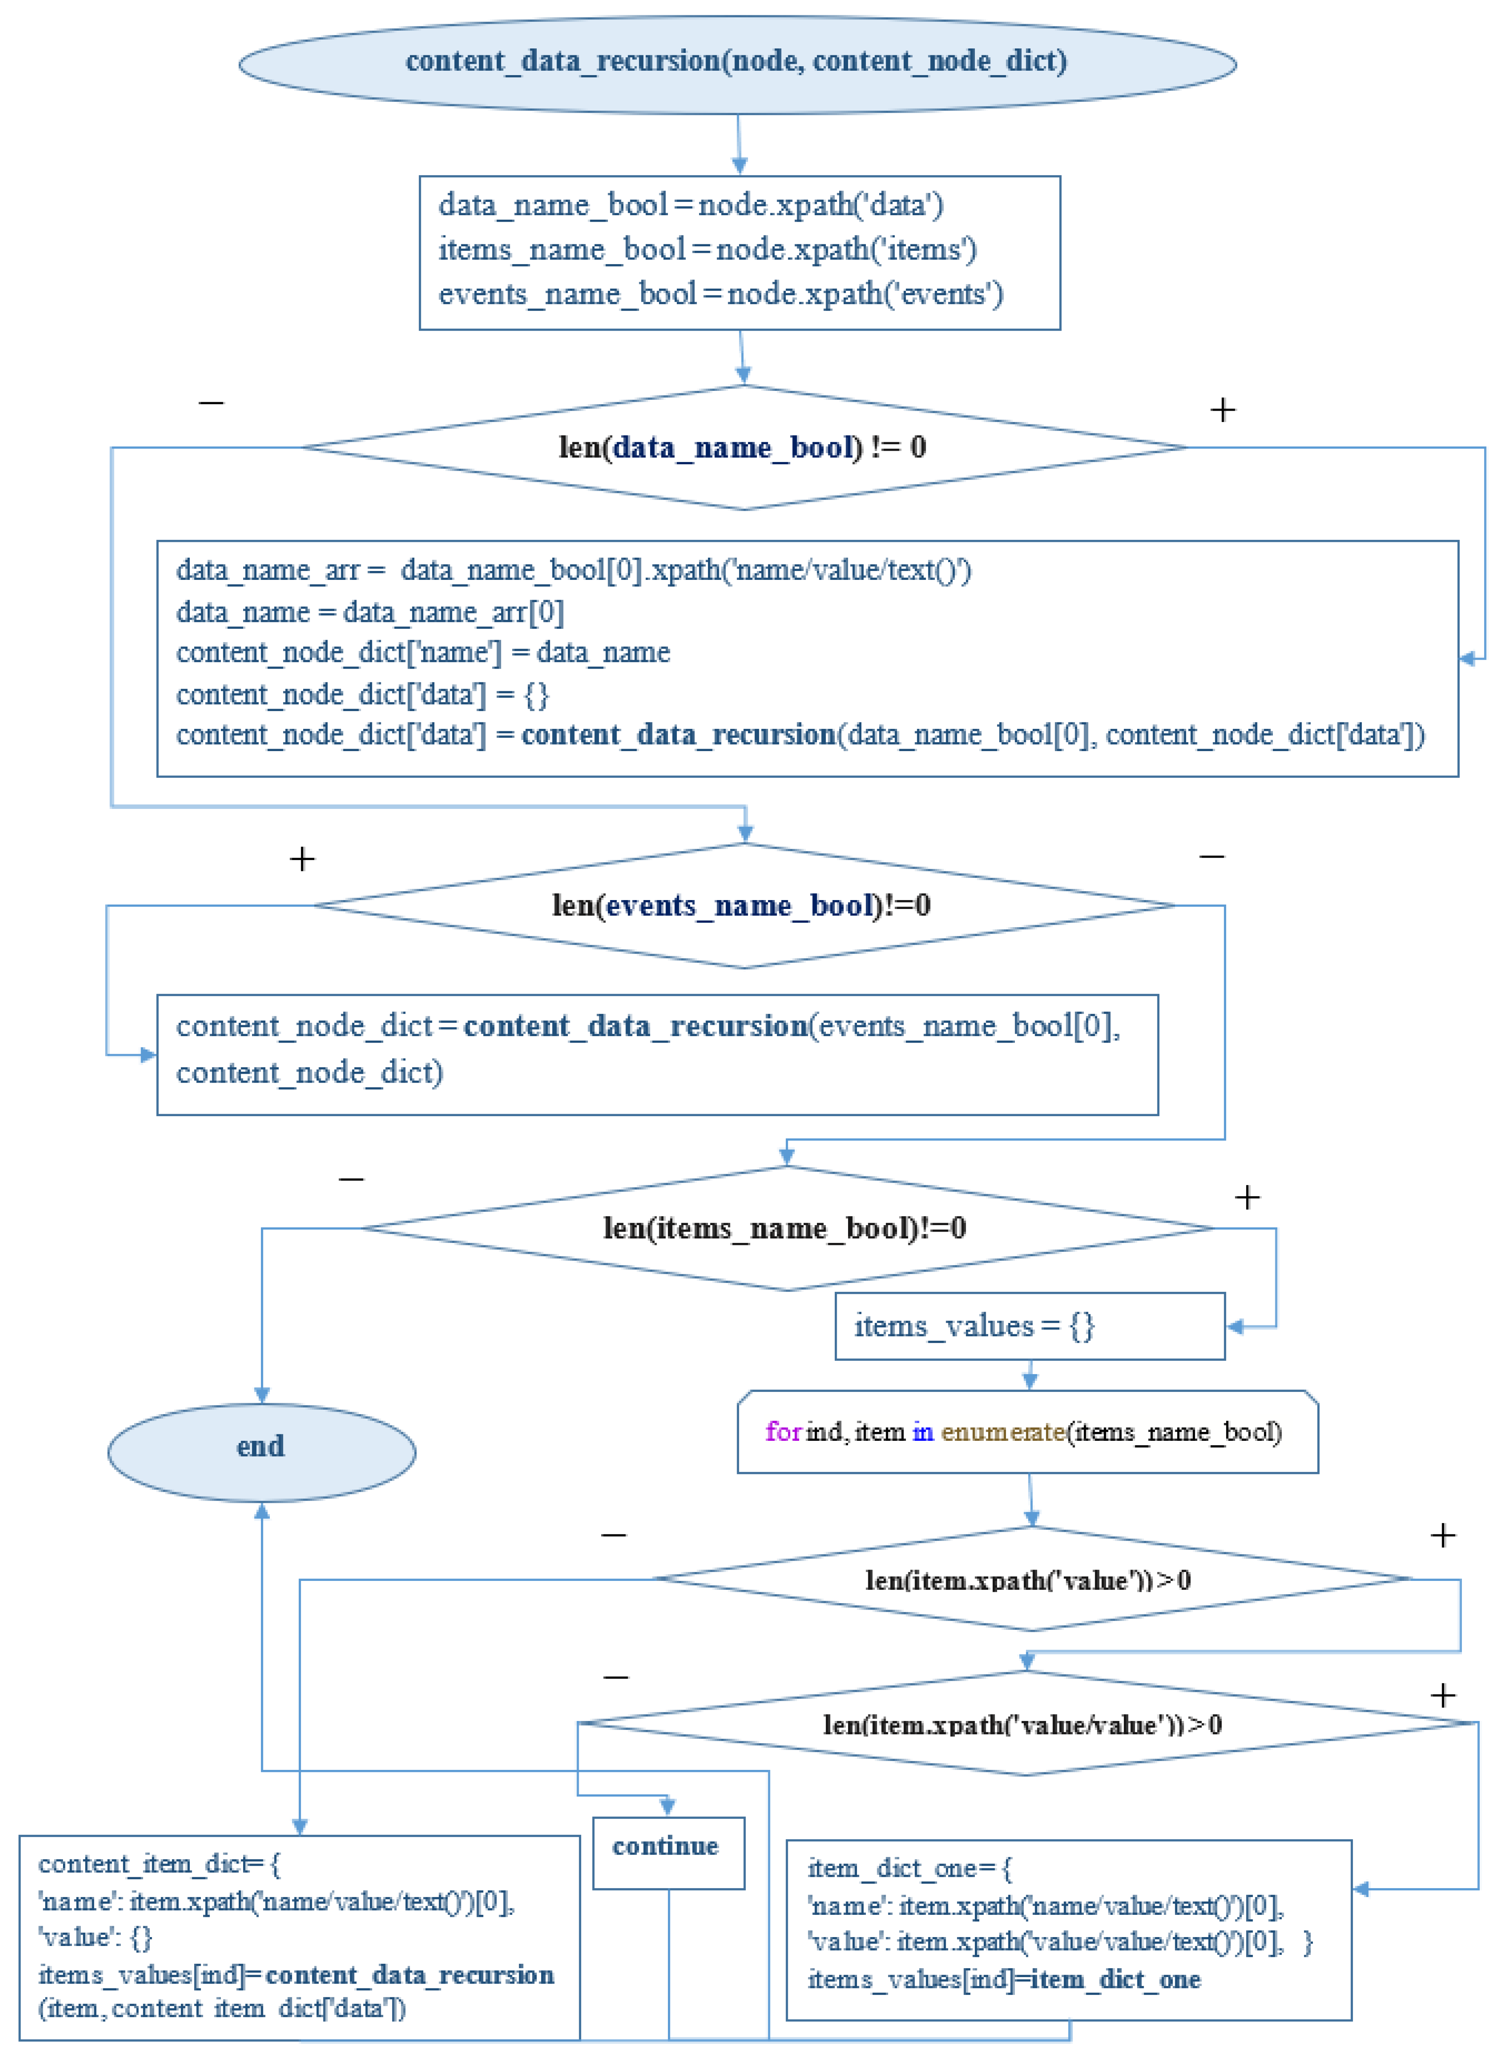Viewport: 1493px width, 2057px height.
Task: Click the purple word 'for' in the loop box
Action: (783, 1431)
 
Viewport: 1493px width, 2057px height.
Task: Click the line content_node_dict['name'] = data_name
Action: (423, 652)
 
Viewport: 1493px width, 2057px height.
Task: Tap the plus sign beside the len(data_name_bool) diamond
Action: (1222, 410)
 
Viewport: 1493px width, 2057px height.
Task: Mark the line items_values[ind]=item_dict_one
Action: (1003, 1979)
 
